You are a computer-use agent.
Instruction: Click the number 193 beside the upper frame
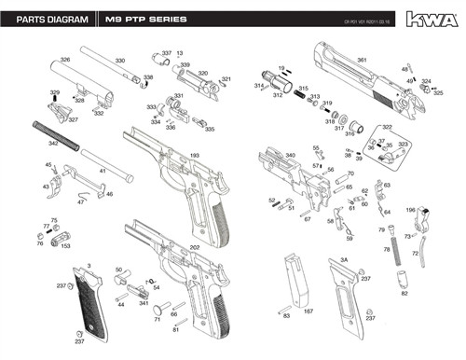(195, 155)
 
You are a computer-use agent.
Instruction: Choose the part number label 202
(195, 247)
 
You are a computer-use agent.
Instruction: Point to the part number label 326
(65, 60)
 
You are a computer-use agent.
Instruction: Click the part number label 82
(404, 294)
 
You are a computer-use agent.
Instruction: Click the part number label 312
(278, 94)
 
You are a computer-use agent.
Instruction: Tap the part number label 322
(387, 127)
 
